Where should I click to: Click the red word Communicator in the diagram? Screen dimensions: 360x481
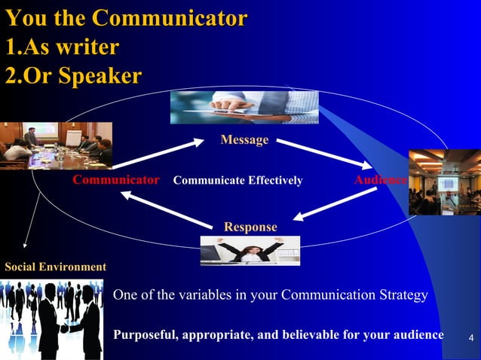point(115,181)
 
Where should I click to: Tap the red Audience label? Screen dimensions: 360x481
point(380,181)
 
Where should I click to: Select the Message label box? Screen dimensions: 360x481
point(244,140)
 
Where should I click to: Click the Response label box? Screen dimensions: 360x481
point(250,227)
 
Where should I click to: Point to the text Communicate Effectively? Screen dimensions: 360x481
point(237,181)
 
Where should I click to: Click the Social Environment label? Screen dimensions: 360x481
point(55,267)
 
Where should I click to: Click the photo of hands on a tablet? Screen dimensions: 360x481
point(244,107)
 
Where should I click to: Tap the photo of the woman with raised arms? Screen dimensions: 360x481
point(250,251)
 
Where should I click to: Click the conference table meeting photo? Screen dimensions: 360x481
point(56,145)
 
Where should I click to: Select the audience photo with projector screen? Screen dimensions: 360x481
point(444,182)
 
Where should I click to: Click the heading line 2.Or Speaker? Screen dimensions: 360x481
point(73,76)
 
